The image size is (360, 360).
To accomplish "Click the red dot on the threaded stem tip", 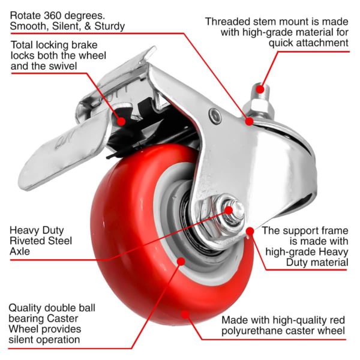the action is tap(260, 89).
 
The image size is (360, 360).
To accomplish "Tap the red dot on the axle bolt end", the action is tap(229, 210).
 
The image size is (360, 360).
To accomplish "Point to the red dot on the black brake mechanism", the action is tap(121, 121).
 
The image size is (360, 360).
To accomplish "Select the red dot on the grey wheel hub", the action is tap(181, 261).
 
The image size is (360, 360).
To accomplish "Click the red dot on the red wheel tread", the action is tap(185, 314).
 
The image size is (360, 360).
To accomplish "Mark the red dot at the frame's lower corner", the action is tap(250, 231).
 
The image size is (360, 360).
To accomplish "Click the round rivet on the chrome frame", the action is tap(215, 115).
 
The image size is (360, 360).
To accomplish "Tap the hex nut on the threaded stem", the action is tap(257, 106).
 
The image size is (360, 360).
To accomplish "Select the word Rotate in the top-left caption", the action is tap(25, 16).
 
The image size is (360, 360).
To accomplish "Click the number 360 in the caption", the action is tap(53, 16).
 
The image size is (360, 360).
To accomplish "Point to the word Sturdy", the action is tap(110, 26).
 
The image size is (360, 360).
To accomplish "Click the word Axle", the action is tap(20, 251).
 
